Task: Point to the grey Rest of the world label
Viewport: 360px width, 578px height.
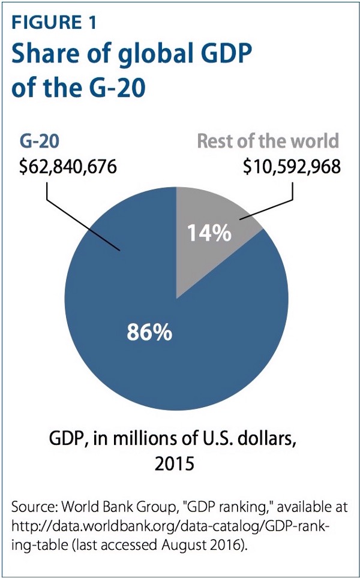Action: pyautogui.click(x=268, y=142)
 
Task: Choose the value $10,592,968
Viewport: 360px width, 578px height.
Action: pyautogui.click(x=292, y=165)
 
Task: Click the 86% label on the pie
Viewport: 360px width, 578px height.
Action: pyautogui.click(x=149, y=331)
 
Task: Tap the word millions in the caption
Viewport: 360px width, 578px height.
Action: pyautogui.click(x=152, y=441)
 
